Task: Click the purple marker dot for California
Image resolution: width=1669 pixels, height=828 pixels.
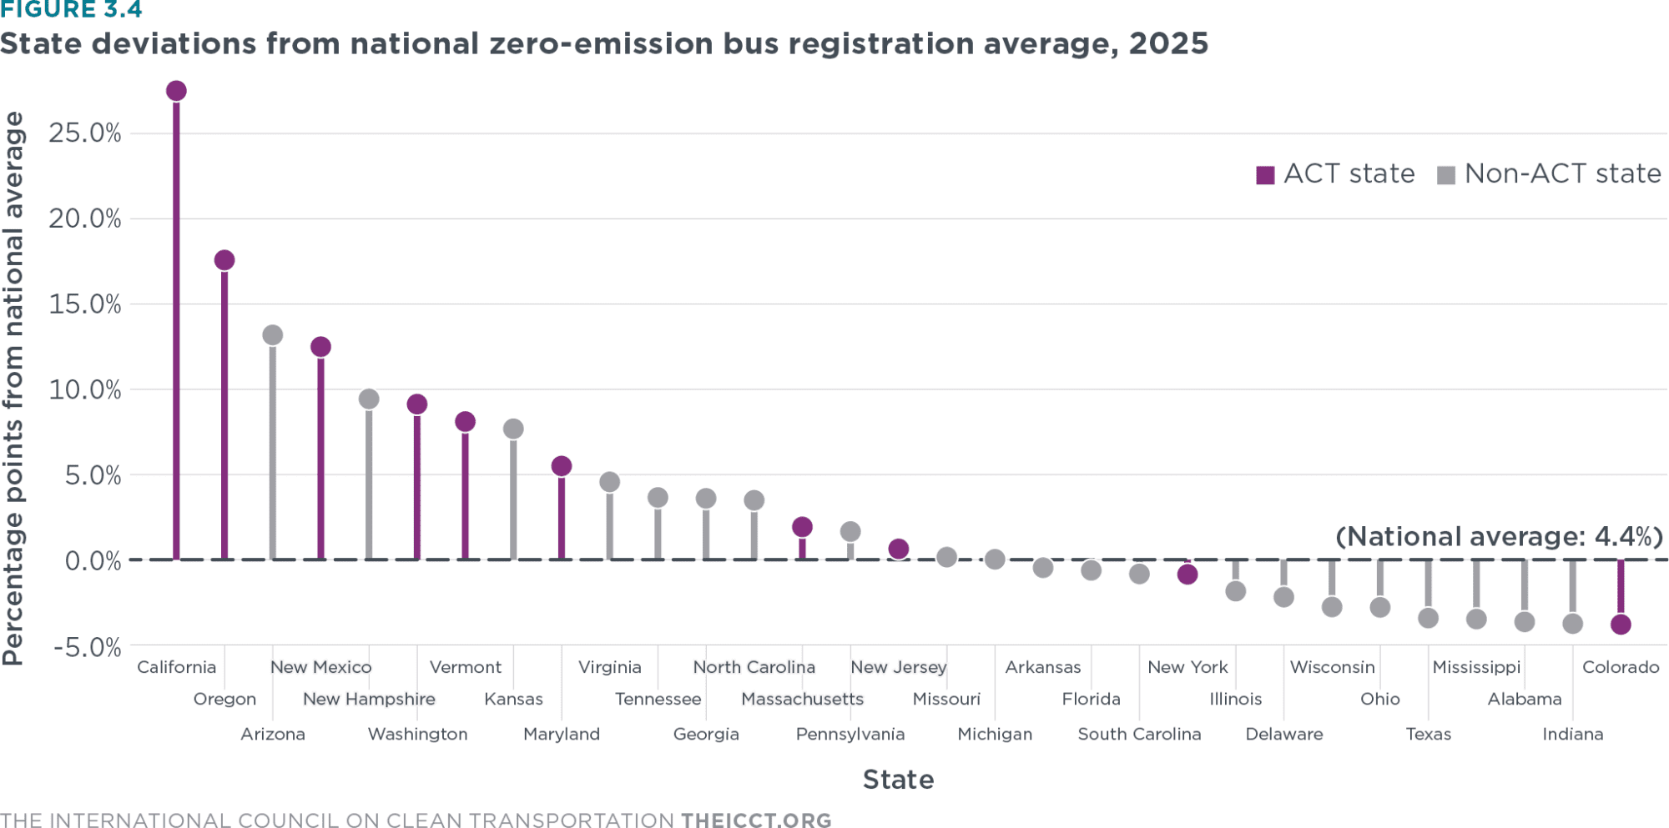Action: pyautogui.click(x=176, y=91)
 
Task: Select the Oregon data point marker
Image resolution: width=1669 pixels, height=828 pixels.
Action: pyautogui.click(x=224, y=260)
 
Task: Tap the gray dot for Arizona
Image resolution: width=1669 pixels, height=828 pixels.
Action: pyautogui.click(x=273, y=335)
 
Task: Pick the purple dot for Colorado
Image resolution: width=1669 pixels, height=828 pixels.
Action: pyautogui.click(x=1621, y=625)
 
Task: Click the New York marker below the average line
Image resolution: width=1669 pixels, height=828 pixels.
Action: pyautogui.click(x=1187, y=575)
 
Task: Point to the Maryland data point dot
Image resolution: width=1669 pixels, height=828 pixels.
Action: pyautogui.click(x=562, y=466)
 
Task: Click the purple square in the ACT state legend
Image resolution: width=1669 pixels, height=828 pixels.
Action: pyautogui.click(x=1265, y=175)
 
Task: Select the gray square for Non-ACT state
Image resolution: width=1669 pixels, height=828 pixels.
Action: pyautogui.click(x=1446, y=175)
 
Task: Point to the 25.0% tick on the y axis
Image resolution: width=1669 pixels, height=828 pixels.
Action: pyautogui.click(x=85, y=133)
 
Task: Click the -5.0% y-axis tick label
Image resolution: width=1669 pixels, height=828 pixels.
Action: pyautogui.click(x=88, y=647)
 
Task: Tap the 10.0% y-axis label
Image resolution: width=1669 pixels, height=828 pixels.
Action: pyautogui.click(x=85, y=389)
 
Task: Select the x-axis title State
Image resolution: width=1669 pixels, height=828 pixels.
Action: pyautogui.click(x=898, y=780)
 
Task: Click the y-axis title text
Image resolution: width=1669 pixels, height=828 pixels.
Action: pyautogui.click(x=13, y=389)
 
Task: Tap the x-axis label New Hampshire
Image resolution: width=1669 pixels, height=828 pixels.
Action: pyautogui.click(x=369, y=699)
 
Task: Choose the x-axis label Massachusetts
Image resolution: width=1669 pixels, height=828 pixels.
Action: pyautogui.click(x=802, y=699)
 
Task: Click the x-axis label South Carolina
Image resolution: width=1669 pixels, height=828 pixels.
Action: pyautogui.click(x=1139, y=734)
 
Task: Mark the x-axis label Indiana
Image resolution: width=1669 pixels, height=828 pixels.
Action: pyautogui.click(x=1572, y=734)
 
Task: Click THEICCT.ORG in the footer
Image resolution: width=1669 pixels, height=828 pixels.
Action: pyautogui.click(x=756, y=820)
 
